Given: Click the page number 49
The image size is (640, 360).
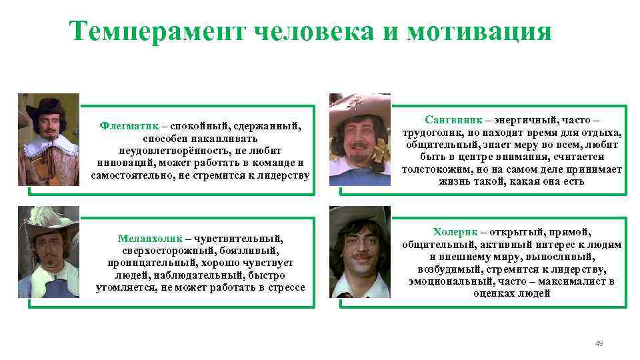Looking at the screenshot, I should click(x=599, y=343).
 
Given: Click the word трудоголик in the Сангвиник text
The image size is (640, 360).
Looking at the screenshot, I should click(x=431, y=133).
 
